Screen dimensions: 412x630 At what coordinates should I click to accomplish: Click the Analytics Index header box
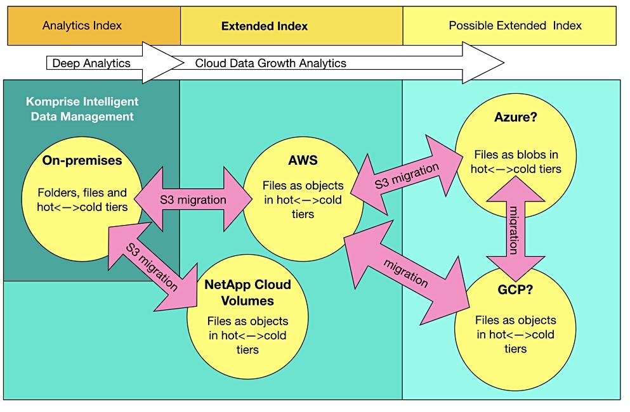click(82, 26)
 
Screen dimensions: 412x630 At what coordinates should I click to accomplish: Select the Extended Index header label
click(264, 27)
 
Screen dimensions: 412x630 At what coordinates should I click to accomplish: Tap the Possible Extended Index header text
click(515, 26)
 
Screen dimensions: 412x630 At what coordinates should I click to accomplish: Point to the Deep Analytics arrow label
click(91, 63)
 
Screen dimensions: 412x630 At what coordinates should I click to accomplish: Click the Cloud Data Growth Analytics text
click(270, 63)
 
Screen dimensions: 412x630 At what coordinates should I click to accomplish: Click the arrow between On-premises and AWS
click(193, 200)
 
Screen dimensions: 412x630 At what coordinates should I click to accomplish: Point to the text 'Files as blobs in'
click(515, 155)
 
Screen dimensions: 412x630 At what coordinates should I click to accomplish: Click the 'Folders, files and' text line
click(82, 193)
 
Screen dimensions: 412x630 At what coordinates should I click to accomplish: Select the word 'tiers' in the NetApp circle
click(247, 349)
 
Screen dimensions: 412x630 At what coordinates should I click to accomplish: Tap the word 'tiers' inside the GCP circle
click(515, 348)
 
